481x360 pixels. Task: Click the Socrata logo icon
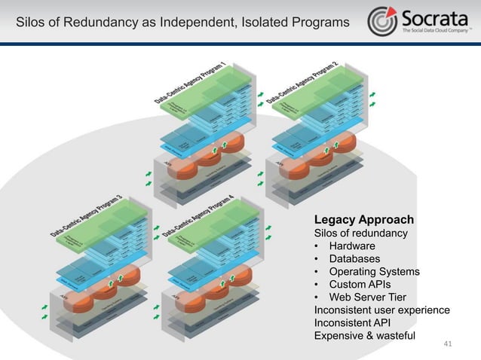[x=382, y=21]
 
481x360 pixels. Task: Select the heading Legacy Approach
[x=363, y=220]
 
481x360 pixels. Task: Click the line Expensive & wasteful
[x=364, y=336]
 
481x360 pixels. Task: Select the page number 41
[x=448, y=344]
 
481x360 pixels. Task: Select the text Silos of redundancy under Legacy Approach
[x=360, y=233]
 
